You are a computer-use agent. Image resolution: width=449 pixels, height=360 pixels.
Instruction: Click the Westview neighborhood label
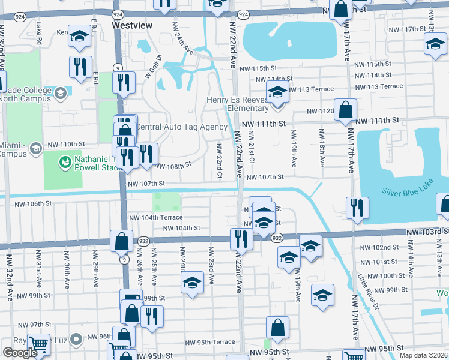132,25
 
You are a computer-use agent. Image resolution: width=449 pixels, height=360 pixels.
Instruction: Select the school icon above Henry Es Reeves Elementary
277,93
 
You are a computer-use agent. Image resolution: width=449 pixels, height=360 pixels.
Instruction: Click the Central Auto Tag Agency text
181,127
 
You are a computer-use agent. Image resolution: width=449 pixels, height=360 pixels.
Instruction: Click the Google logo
20,353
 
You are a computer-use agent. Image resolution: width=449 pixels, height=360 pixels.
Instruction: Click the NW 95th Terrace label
210,342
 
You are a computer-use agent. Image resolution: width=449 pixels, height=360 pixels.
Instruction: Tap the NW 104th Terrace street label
155,218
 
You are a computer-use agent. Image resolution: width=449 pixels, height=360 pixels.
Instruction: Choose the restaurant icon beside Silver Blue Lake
357,208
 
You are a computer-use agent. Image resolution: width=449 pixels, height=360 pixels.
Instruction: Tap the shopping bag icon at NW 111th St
346,110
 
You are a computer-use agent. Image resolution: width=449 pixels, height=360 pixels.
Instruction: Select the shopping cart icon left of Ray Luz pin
39,344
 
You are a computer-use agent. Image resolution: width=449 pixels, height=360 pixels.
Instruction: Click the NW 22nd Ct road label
220,161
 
